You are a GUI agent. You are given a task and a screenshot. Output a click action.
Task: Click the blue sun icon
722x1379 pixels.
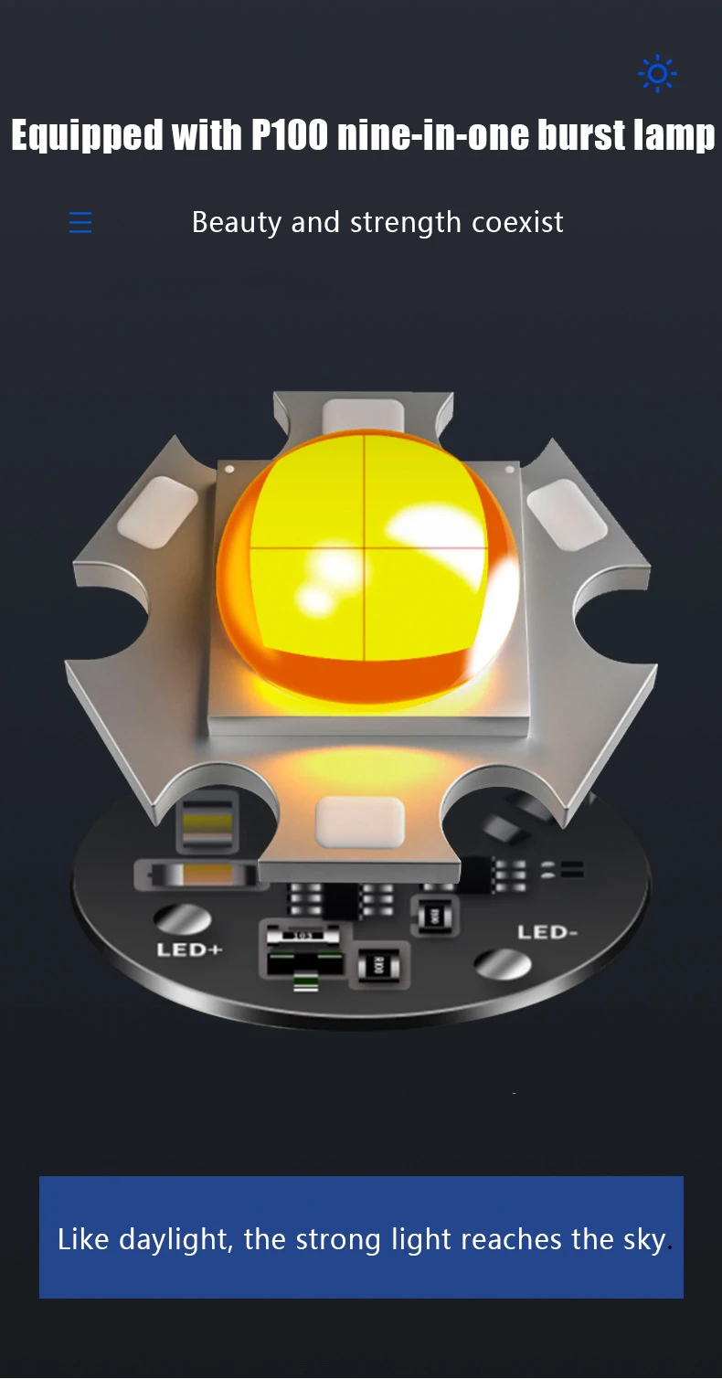point(657,74)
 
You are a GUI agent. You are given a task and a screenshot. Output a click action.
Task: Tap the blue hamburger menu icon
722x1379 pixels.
point(80,222)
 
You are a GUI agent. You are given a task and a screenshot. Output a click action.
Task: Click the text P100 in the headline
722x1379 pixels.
point(290,135)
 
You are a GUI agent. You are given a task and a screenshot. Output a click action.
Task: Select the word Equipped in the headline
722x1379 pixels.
point(87,136)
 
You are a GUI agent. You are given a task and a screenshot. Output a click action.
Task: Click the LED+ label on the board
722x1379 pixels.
point(189,949)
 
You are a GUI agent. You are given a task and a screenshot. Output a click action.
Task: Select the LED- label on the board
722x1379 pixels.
point(547,932)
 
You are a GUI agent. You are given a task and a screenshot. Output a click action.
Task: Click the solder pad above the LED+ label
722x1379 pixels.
point(182,918)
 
